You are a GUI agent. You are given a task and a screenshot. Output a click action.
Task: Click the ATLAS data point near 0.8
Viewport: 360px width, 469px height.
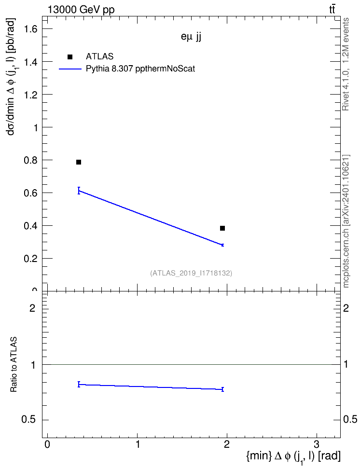(x=79, y=162)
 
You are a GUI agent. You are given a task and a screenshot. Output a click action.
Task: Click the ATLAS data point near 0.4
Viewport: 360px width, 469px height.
(x=222, y=228)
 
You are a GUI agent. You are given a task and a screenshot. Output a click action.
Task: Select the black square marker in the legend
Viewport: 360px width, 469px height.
(x=70, y=57)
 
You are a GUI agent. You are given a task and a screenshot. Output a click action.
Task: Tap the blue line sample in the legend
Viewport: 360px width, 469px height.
(x=70, y=69)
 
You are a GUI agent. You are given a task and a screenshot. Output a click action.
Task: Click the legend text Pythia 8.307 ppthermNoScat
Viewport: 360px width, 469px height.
(x=140, y=69)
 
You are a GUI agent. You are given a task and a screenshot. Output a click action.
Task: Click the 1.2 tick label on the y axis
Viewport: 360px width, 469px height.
(x=31, y=95)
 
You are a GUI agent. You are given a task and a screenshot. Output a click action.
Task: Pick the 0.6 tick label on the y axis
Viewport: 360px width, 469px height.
(x=31, y=193)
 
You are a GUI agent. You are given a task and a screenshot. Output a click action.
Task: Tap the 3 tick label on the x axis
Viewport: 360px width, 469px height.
(x=316, y=444)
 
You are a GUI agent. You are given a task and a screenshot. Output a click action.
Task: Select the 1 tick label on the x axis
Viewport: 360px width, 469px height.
(x=138, y=444)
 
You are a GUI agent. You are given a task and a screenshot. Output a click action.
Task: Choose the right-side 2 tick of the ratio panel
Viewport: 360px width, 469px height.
(x=346, y=308)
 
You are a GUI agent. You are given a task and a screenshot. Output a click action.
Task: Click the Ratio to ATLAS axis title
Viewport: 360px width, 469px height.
(x=14, y=365)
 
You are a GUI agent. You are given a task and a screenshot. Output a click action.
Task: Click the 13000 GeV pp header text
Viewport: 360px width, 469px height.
(x=81, y=10)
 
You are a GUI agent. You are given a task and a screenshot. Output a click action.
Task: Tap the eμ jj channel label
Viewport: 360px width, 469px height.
(x=191, y=37)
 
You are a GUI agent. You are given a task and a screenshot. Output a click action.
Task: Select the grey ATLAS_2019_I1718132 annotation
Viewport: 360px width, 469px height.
(x=191, y=273)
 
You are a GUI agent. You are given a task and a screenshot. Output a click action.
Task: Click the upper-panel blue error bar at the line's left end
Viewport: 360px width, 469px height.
(x=79, y=191)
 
